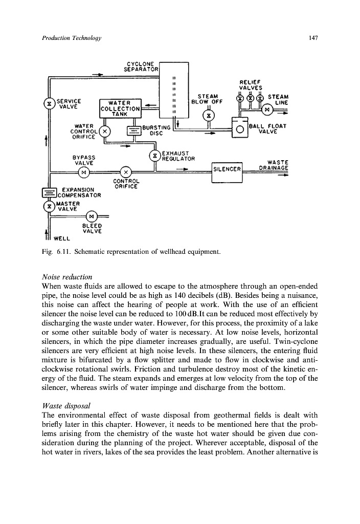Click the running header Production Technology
point(71,38)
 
